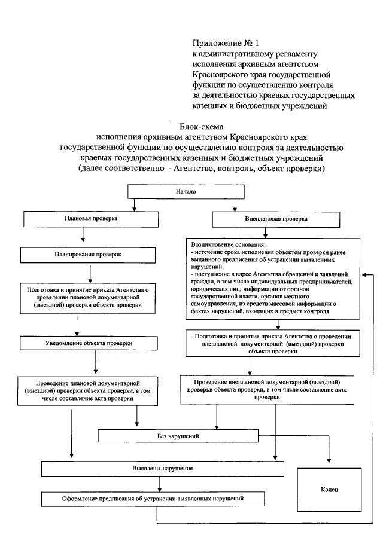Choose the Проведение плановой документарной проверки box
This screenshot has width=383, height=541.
click(90, 390)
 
